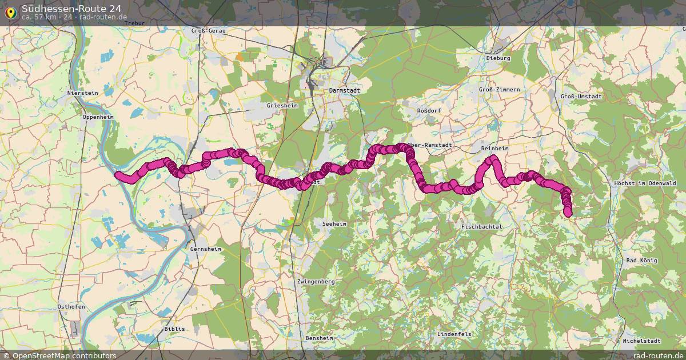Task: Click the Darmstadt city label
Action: point(345,90)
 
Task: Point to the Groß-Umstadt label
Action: point(581,97)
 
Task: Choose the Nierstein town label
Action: point(83,93)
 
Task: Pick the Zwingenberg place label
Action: point(316,282)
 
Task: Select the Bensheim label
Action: point(319,338)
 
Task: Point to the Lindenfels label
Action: point(454,333)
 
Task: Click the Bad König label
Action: point(642,261)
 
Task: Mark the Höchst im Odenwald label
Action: point(645,183)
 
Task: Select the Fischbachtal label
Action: point(481,227)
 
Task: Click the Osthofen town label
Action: point(71,307)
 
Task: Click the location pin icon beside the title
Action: point(10,11)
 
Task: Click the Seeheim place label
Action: point(335,224)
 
